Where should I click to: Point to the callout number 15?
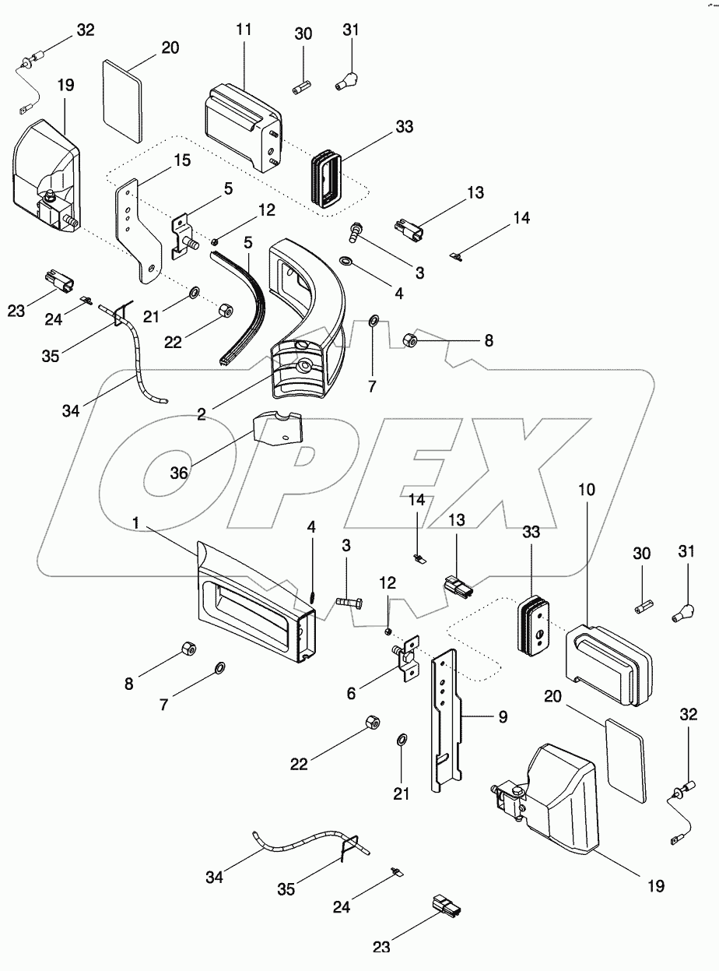(181, 160)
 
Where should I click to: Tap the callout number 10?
(587, 491)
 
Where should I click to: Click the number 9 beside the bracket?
(503, 716)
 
